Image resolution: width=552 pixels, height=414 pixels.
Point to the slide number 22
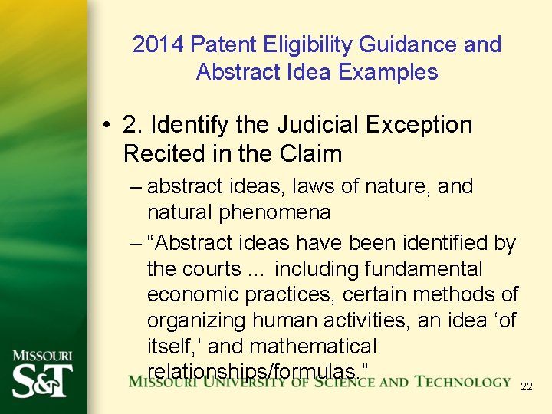526,387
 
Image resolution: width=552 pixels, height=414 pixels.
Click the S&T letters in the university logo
42,380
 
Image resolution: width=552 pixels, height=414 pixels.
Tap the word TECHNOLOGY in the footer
463,382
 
